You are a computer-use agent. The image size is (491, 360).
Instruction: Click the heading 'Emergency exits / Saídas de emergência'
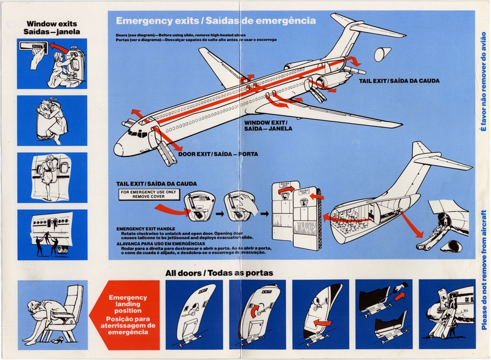215,21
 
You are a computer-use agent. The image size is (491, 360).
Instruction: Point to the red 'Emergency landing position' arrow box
127,314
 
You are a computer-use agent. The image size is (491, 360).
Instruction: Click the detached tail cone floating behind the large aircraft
382,54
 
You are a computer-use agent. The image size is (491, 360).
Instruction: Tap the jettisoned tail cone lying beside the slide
455,245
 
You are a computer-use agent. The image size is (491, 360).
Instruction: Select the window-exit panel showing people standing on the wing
52,235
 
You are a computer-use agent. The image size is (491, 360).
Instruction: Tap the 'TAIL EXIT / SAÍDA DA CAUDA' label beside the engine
399,80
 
